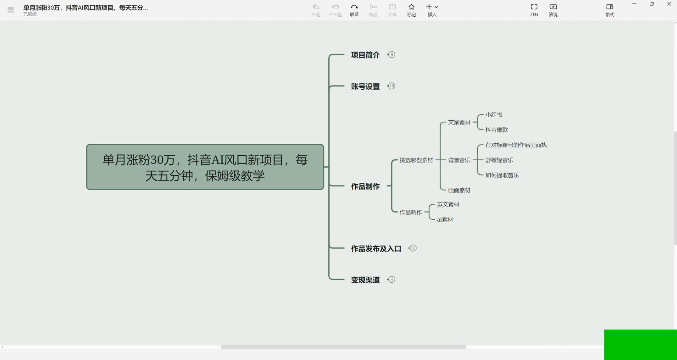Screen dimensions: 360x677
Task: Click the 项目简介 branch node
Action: tap(365, 55)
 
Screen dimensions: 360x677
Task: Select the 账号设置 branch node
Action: tap(365, 87)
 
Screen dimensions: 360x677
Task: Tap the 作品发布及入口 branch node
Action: tap(376, 249)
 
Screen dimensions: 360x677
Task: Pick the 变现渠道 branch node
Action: tap(365, 280)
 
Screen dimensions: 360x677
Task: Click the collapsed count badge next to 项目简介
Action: tap(392, 55)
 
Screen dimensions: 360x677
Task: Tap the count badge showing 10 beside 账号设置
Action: tap(392, 86)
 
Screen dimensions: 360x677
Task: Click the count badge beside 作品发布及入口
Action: tap(413, 248)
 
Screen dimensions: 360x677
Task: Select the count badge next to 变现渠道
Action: tap(392, 279)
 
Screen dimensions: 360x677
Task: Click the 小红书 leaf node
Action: tap(494, 115)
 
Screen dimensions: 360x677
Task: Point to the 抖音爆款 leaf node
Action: tap(497, 130)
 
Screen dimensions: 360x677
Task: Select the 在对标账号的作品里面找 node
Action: tap(516, 145)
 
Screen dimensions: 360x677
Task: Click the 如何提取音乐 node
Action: tap(502, 175)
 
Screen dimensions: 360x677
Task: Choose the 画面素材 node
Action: tap(459, 190)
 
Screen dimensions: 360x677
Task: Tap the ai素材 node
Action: tap(445, 220)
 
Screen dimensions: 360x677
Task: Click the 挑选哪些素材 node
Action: tap(416, 160)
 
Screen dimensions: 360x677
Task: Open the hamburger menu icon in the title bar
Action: tap(11, 10)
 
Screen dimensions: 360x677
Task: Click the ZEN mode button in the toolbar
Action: tap(534, 10)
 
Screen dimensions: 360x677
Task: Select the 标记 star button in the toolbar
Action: tap(411, 10)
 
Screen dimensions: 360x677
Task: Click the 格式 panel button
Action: tap(610, 10)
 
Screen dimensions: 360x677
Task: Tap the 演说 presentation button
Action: tap(553, 10)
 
